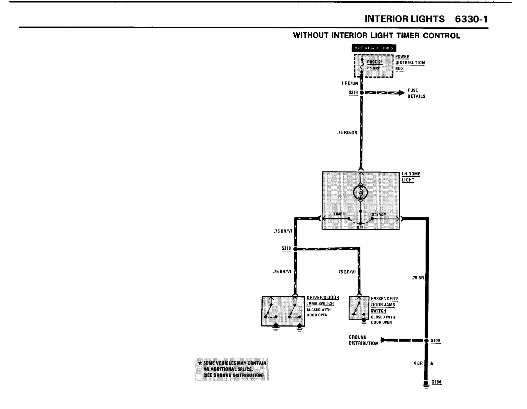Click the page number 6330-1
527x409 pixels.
point(471,19)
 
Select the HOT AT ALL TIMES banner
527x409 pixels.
point(374,48)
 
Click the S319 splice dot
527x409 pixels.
point(362,93)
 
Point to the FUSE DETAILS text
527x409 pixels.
point(416,93)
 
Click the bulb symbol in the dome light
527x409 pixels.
point(360,193)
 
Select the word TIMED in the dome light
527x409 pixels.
point(339,214)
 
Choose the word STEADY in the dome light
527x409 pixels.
point(379,214)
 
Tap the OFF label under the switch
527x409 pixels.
point(360,227)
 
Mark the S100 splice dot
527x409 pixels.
point(426,340)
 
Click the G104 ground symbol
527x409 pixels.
point(426,384)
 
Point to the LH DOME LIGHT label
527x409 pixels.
point(411,177)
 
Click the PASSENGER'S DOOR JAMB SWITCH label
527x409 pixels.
point(384,305)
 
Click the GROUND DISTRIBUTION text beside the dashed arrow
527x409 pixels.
point(363,340)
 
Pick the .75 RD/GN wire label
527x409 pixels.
point(347,133)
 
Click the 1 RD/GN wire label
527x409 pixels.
point(350,84)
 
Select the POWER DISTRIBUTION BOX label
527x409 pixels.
point(410,63)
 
